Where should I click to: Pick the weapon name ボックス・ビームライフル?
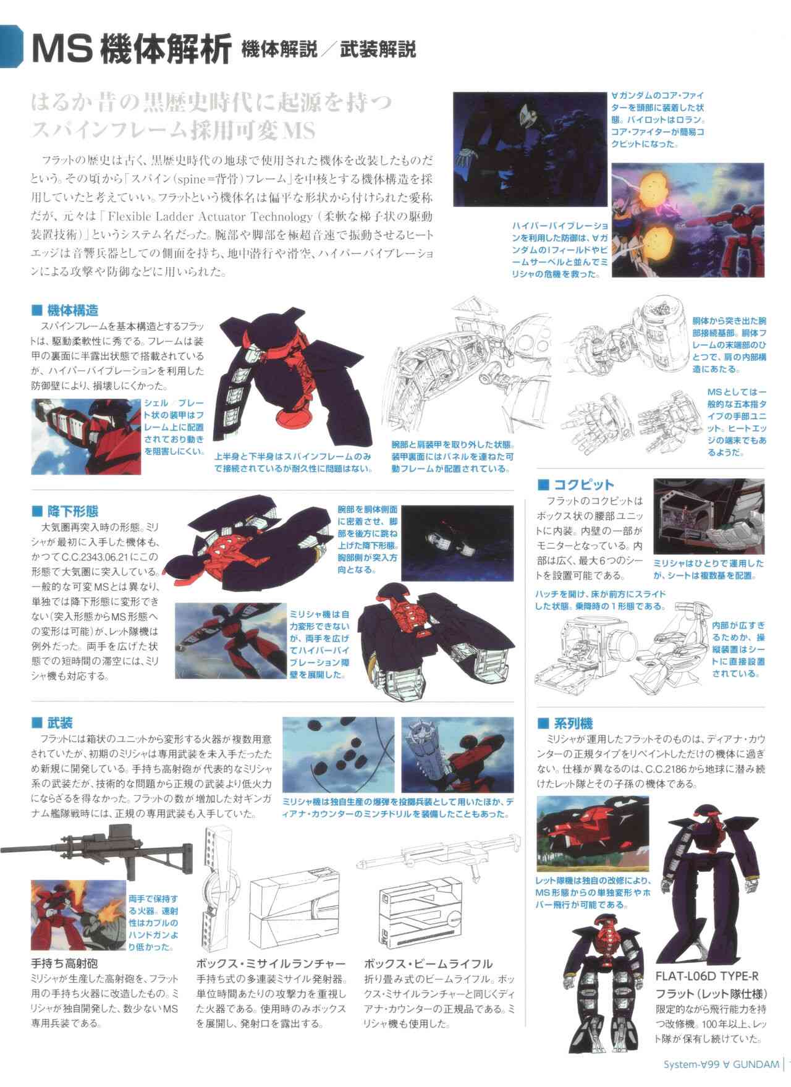pos(428,963)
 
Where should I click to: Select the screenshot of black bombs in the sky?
pos(338,755)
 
